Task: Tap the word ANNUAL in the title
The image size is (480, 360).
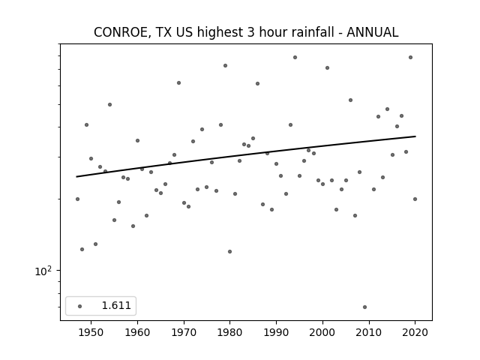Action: pos(373,32)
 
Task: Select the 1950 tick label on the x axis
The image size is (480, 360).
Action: pos(91,332)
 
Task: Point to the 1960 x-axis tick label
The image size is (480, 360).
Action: pos(137,332)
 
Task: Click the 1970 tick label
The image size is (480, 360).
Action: pos(184,332)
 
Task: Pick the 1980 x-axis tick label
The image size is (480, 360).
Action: pos(230,332)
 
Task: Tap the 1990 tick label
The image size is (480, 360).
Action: pos(277,332)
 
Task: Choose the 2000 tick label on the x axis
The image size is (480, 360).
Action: pos(322,332)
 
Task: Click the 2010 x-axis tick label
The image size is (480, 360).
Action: pos(369,332)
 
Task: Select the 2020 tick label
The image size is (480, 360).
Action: pos(415,332)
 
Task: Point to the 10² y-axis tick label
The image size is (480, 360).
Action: pos(43,271)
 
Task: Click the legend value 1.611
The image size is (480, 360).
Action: pos(116,305)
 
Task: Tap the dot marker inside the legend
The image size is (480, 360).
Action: pos(80,306)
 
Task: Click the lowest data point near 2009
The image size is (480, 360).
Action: pos(364,307)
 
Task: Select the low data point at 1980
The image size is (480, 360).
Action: pos(230,252)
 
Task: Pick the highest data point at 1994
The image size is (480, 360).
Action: pos(295,57)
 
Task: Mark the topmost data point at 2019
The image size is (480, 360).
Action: pos(410,57)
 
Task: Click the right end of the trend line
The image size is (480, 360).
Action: pos(415,136)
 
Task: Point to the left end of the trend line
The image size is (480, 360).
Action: pos(76,177)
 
